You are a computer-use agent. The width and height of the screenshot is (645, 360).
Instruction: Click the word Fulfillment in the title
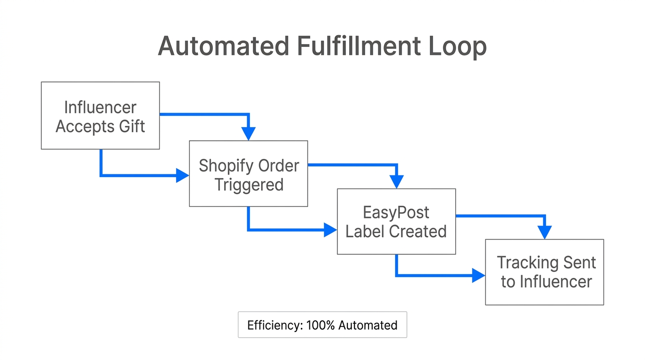point(359,46)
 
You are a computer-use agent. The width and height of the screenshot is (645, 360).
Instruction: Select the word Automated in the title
point(223,46)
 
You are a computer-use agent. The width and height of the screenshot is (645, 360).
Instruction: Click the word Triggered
point(249,185)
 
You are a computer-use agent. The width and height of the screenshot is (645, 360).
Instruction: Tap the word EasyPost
point(396,212)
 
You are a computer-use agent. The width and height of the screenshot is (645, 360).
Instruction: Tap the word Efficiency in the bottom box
point(275,325)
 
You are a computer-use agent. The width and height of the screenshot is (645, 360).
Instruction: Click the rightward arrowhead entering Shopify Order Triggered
point(182,176)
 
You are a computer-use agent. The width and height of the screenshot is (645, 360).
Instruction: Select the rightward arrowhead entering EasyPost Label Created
point(330,230)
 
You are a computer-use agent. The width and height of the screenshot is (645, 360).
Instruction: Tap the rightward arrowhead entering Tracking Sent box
point(478,276)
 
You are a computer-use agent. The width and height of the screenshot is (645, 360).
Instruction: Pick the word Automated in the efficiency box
point(368,325)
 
